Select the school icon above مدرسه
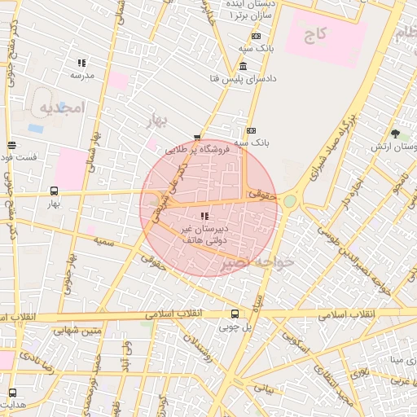coord(81,63)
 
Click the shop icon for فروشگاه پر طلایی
coord(196,138)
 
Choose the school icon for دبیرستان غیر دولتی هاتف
coord(204,216)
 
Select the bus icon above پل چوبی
coord(235,314)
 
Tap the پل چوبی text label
coord(235,327)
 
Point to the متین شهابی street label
coord(78,330)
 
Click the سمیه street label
coord(103,242)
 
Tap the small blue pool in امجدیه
coord(36,128)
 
